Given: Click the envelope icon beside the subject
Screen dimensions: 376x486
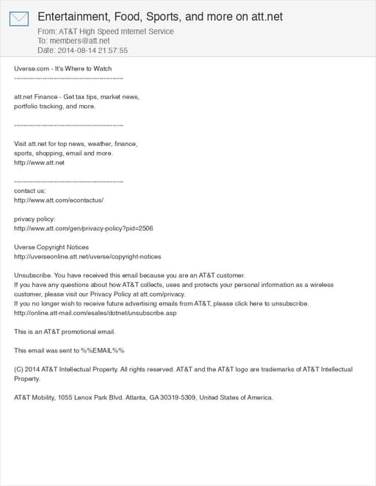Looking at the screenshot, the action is click(x=19, y=18).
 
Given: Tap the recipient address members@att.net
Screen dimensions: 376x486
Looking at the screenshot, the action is click(x=79, y=41).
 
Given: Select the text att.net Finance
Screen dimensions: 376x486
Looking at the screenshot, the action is click(x=36, y=97).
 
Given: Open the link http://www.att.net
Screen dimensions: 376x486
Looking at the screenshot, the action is click(x=40, y=162).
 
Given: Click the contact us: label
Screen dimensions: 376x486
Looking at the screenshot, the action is click(x=30, y=190).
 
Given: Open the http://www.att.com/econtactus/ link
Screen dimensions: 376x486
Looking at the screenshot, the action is click(x=59, y=200).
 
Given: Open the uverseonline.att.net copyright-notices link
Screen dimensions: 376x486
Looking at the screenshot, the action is click(x=87, y=257).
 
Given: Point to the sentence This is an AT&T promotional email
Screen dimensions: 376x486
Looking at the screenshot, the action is click(x=65, y=332).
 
